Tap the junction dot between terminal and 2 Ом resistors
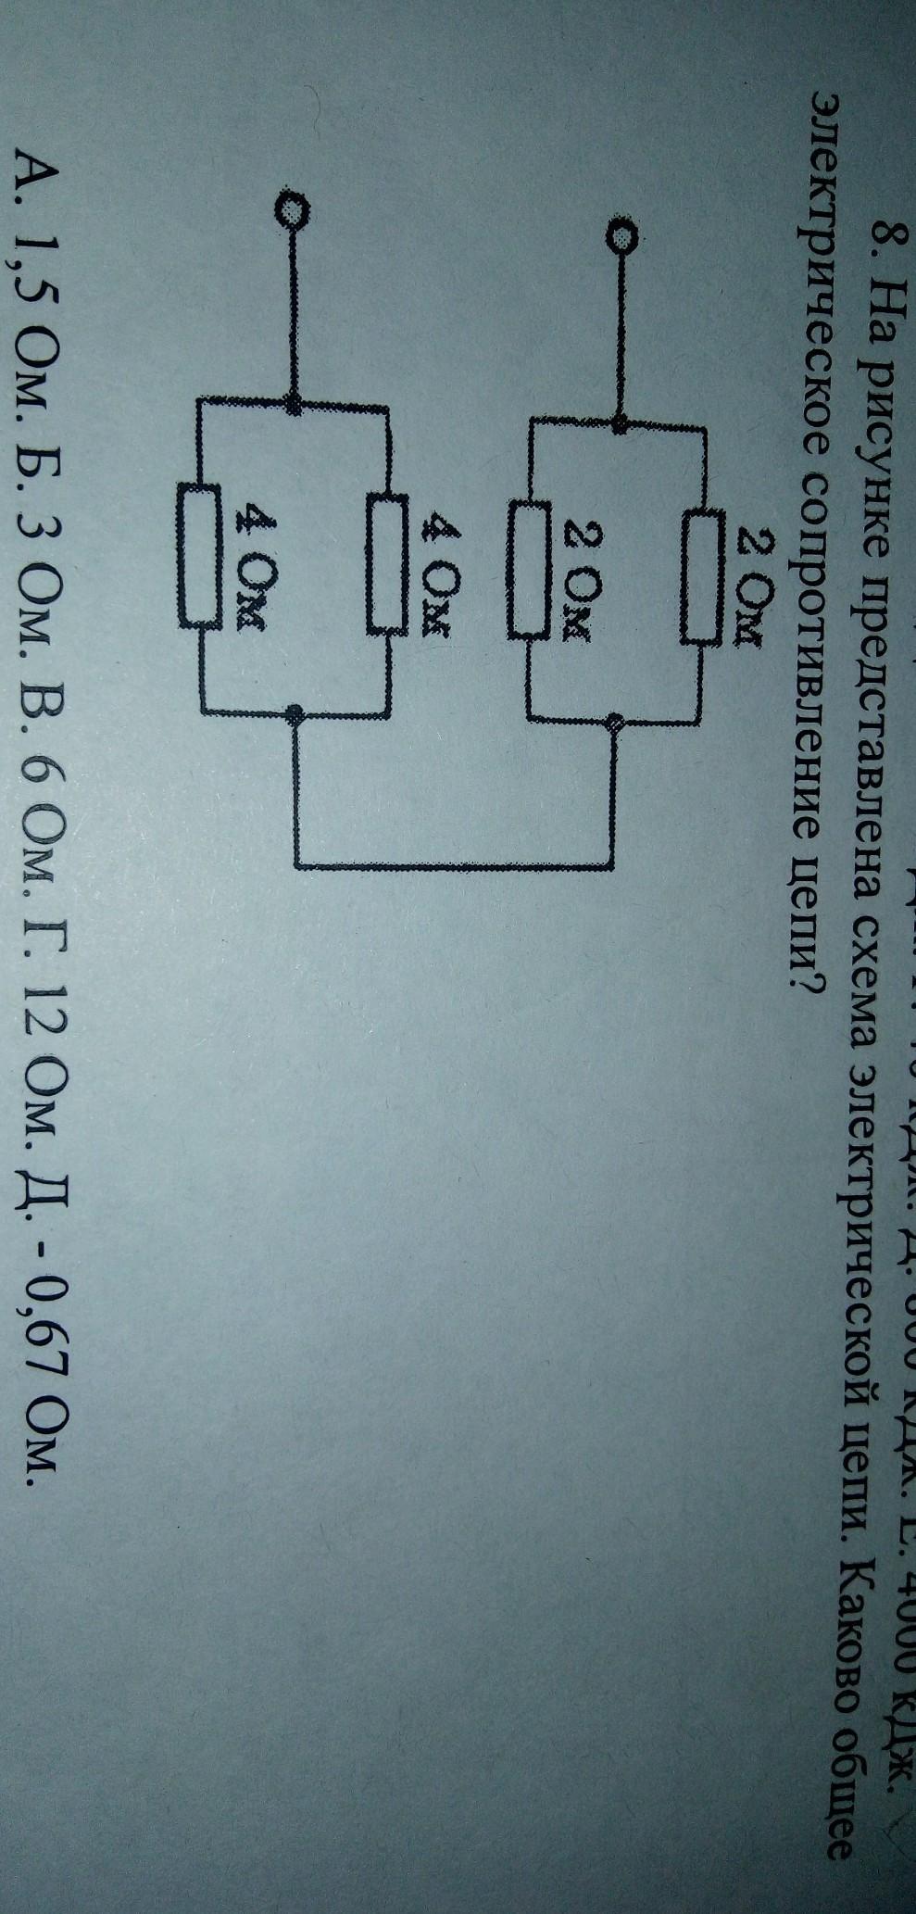(x=620, y=425)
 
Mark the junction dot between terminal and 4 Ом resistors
(x=294, y=403)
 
